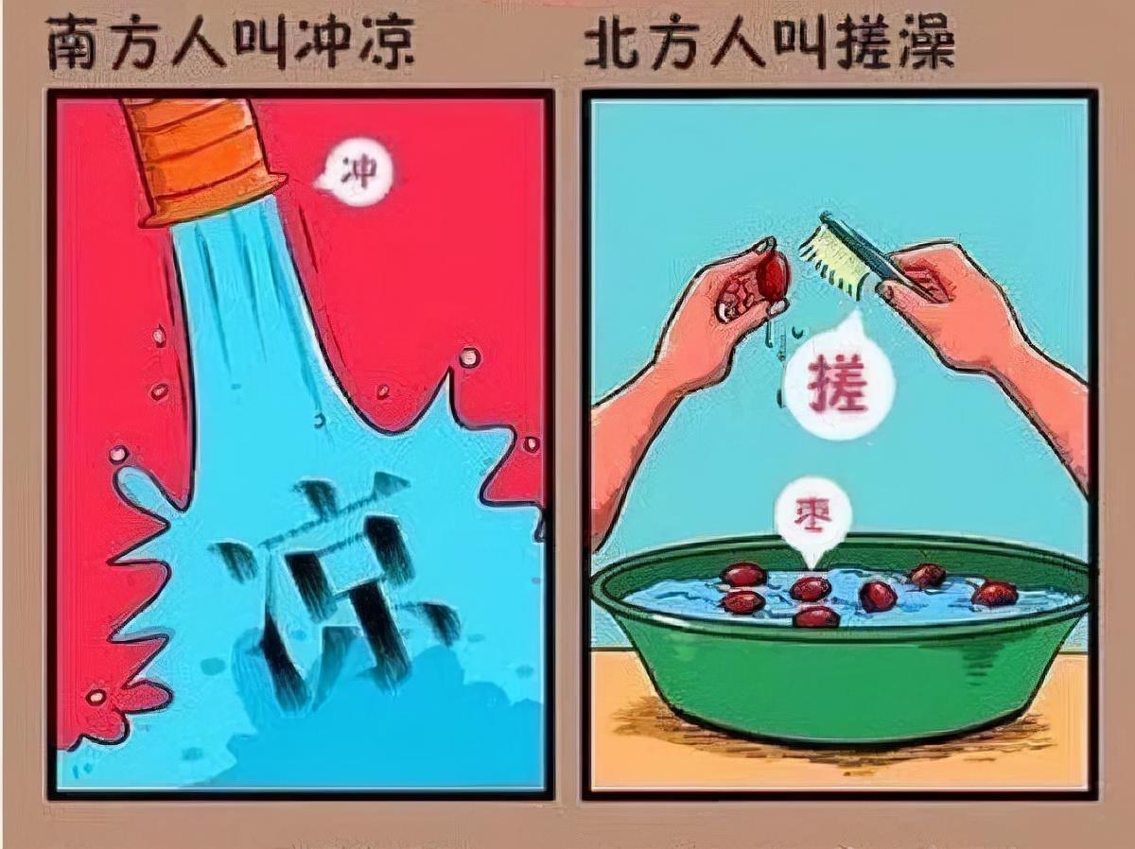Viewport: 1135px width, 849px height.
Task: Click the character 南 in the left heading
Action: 72,43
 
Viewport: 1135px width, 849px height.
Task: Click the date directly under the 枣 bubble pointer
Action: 810,589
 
